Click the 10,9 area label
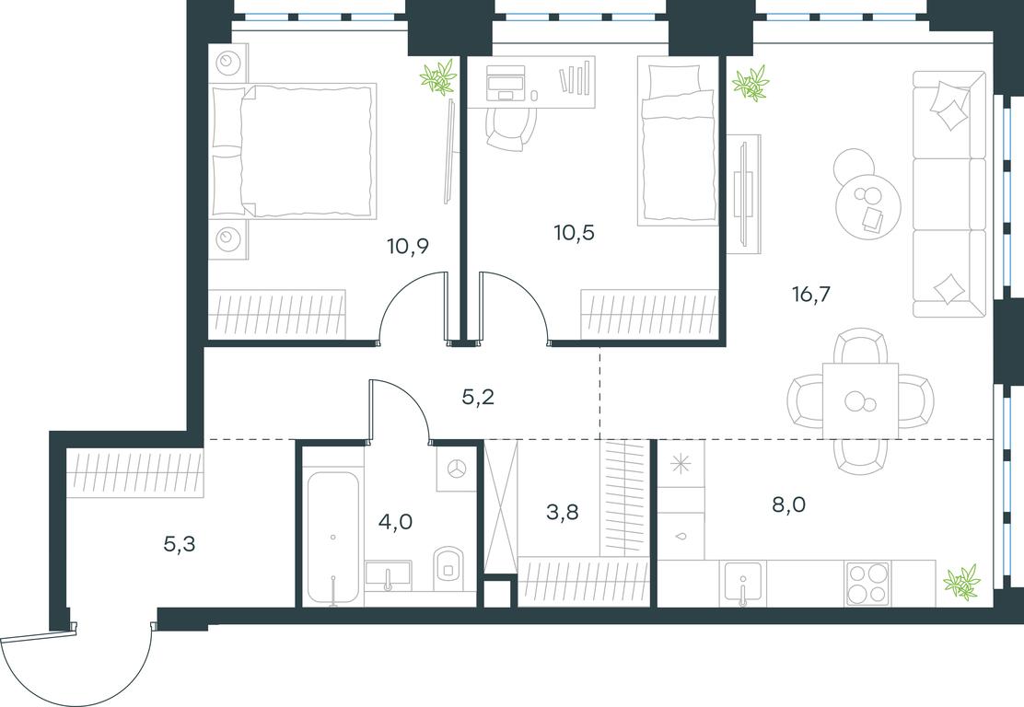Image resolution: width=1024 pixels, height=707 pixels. point(408,246)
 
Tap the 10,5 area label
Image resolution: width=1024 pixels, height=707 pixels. point(574,232)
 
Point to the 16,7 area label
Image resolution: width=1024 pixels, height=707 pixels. point(811,295)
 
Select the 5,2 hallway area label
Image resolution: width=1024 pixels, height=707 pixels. point(478,396)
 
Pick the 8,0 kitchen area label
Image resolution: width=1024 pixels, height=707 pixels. point(789,504)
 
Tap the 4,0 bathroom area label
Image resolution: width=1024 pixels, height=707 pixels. point(396,522)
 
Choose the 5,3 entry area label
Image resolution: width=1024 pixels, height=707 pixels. point(180,543)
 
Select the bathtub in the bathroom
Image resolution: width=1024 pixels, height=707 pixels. point(333,538)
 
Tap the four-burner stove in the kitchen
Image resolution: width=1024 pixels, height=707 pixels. point(868,583)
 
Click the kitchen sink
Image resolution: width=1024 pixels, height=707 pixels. point(743,583)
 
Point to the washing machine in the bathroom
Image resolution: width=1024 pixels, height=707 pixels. point(457,468)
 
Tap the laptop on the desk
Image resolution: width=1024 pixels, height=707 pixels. point(506,84)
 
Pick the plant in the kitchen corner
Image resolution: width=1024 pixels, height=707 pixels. point(961,580)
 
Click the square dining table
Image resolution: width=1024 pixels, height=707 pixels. point(861,400)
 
